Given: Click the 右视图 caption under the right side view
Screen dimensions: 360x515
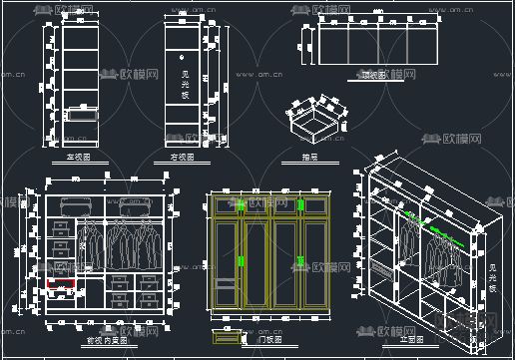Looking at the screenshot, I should pyautogui.click(x=183, y=158).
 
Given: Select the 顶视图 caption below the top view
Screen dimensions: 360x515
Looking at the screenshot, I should pyautogui.click(x=372, y=76).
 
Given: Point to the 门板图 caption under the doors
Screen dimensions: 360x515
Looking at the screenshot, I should pyautogui.click(x=269, y=340).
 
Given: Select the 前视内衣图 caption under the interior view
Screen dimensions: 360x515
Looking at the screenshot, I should pyautogui.click(x=103, y=340).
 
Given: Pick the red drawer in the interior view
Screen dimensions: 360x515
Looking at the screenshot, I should pyautogui.click(x=62, y=283).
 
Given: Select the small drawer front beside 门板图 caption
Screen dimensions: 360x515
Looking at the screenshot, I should pyautogui.click(x=227, y=335).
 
